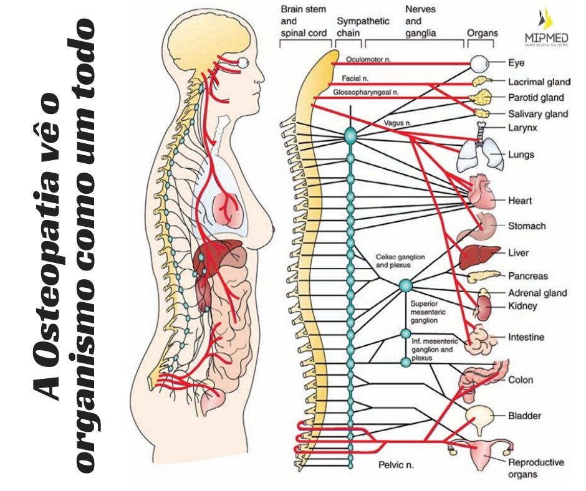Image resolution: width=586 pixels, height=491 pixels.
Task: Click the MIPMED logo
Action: point(545,29)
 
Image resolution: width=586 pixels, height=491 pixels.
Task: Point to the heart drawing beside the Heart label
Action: point(481,191)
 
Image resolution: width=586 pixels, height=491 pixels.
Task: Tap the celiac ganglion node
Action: point(406,285)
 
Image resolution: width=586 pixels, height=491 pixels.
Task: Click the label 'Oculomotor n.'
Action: point(367,58)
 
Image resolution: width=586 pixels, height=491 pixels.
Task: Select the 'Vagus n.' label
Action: point(397,123)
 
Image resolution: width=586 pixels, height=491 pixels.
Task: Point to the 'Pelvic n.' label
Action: point(396,465)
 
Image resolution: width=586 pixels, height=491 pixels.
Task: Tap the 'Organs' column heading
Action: point(482,33)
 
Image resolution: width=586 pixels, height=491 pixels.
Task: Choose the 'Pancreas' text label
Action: point(527,276)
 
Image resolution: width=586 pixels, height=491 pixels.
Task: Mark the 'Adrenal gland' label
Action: point(537,293)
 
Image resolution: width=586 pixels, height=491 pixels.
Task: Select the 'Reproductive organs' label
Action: point(536,469)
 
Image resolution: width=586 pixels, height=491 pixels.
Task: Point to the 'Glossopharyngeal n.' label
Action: point(365,92)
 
